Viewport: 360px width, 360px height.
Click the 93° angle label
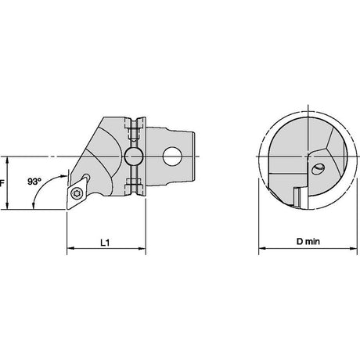click(34, 182)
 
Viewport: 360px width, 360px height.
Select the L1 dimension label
click(105, 243)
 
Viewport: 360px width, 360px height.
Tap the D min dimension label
click(308, 242)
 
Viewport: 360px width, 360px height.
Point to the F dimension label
click(2, 183)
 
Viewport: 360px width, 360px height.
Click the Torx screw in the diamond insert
click(77, 193)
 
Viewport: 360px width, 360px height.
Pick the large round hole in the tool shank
click(172, 157)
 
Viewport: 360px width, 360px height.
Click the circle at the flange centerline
click(134, 157)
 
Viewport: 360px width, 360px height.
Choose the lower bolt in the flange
click(134, 184)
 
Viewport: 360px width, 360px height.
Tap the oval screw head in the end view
click(318, 168)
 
